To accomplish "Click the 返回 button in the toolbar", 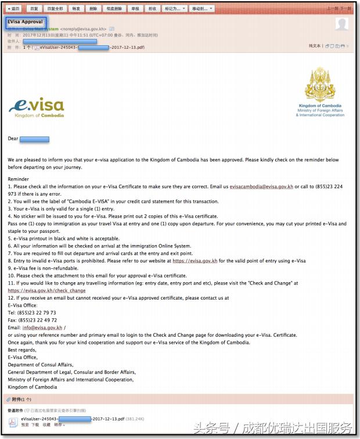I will (x=13, y=9).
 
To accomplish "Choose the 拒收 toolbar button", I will (x=152, y=9).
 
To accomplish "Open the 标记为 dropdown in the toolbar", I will (x=175, y=9).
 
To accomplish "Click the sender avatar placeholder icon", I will (x=343, y=24).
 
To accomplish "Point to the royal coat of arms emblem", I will (x=320, y=85).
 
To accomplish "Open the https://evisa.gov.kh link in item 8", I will (x=195, y=261).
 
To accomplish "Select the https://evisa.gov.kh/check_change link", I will (x=46, y=290).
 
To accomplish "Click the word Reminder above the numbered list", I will (x=18, y=179).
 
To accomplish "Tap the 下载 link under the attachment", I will (x=35, y=425).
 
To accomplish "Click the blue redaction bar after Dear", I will (x=35, y=139).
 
